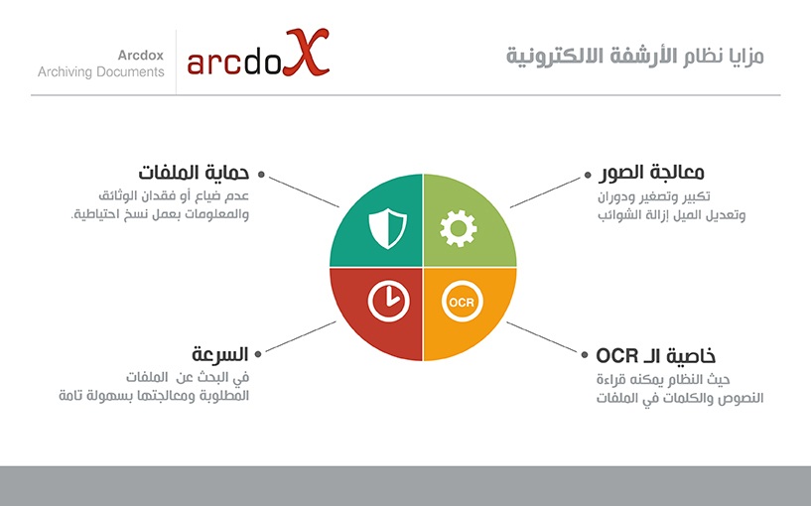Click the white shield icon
387,228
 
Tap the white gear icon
459,228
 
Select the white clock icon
388,302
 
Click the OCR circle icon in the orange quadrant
462,302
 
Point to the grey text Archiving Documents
101,71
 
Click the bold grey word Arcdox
141,55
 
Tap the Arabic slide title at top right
634,56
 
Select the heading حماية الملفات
194,173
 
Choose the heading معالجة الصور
651,173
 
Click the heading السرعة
220,354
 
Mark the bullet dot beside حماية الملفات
261,175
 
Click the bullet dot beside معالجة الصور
588,175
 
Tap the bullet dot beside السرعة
258,354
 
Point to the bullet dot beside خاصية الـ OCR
585,354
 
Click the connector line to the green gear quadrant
545,192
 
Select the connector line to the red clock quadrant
301,336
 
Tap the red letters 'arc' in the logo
214,63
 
